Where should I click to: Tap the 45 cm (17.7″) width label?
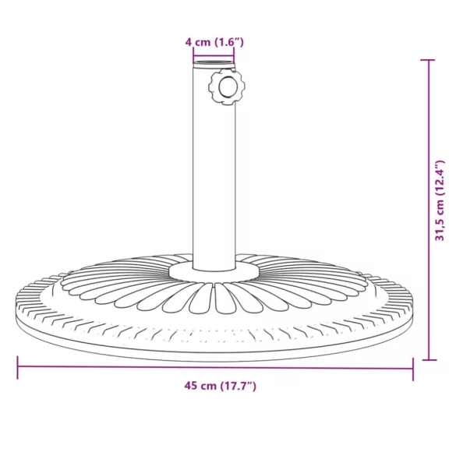pos(220,385)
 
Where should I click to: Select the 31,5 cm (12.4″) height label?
pos(441,201)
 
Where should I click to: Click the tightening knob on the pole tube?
pos(227,87)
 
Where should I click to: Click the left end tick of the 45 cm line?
pos(18,366)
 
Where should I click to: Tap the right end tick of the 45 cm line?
pos(412,366)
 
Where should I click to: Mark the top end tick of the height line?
pos(428,60)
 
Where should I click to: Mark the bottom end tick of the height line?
pos(428,359)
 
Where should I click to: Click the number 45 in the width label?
pos(190,385)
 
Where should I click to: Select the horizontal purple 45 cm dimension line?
pos(117,366)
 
